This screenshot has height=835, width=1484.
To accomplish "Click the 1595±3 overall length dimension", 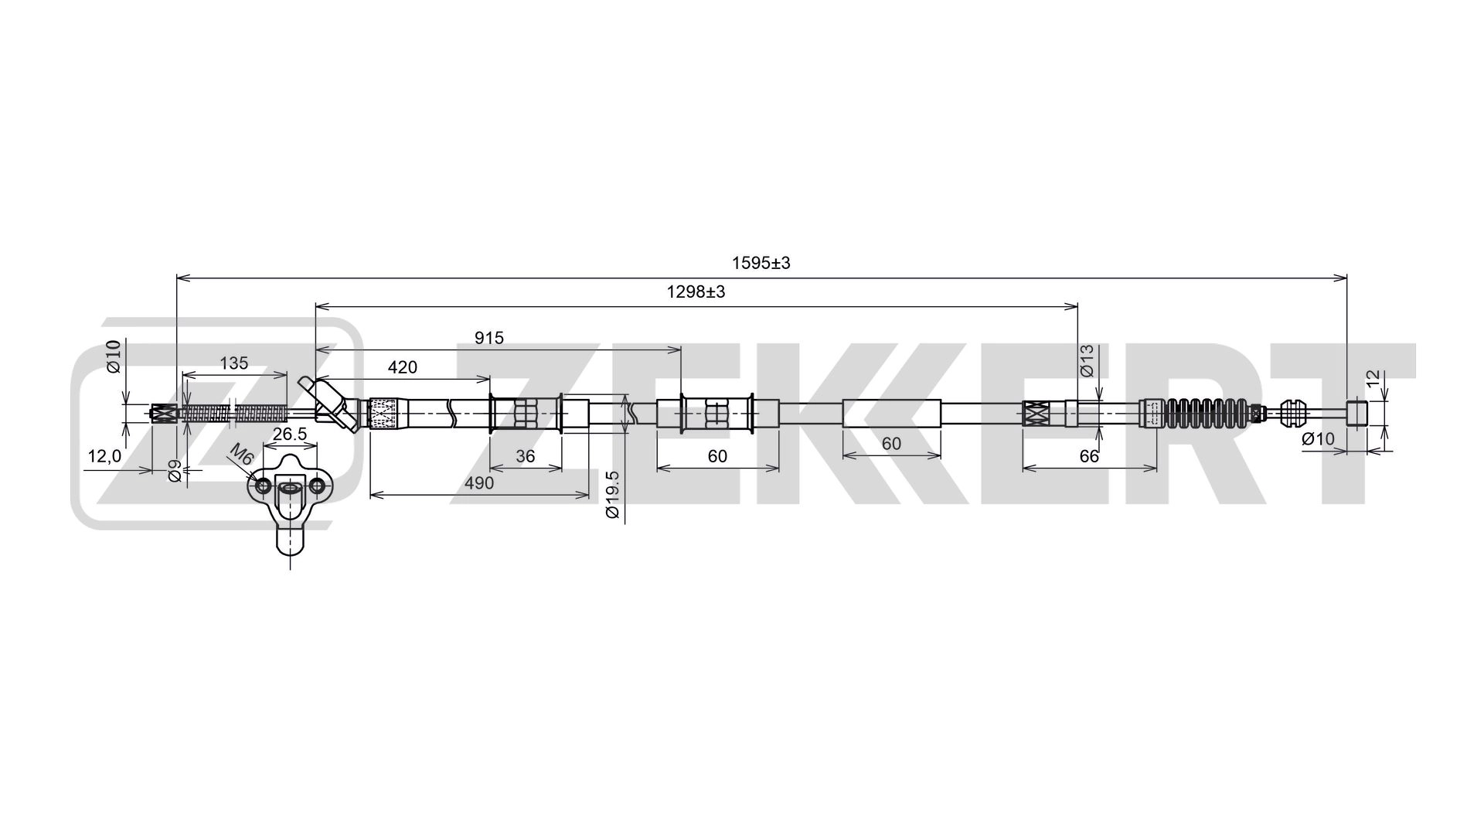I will [761, 263].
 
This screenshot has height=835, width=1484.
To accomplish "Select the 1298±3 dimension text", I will [696, 292].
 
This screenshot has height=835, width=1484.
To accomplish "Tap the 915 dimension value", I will [488, 338].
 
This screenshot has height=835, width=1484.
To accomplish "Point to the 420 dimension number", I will [402, 367].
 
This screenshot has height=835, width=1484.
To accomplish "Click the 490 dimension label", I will [478, 483].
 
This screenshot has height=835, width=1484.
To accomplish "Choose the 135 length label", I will [233, 363].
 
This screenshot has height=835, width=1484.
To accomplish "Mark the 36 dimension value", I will [525, 456].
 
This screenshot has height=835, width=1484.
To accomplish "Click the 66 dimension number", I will [1089, 456].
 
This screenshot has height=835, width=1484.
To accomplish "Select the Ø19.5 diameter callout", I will [612, 495].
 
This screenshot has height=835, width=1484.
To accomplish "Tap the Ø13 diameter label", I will [1086, 361].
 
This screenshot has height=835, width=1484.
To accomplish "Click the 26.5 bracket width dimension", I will [290, 435].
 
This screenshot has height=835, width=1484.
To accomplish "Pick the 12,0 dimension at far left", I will [104, 457].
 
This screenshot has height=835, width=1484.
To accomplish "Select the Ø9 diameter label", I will [175, 470].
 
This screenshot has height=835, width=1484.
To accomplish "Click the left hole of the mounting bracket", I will [263, 486].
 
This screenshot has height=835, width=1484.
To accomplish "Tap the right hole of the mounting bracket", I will [316, 486].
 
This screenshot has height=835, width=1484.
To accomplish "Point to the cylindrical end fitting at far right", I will [1357, 413].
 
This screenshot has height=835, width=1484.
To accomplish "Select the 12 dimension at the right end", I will [1373, 379].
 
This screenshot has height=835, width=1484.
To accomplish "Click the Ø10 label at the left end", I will [113, 356].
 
